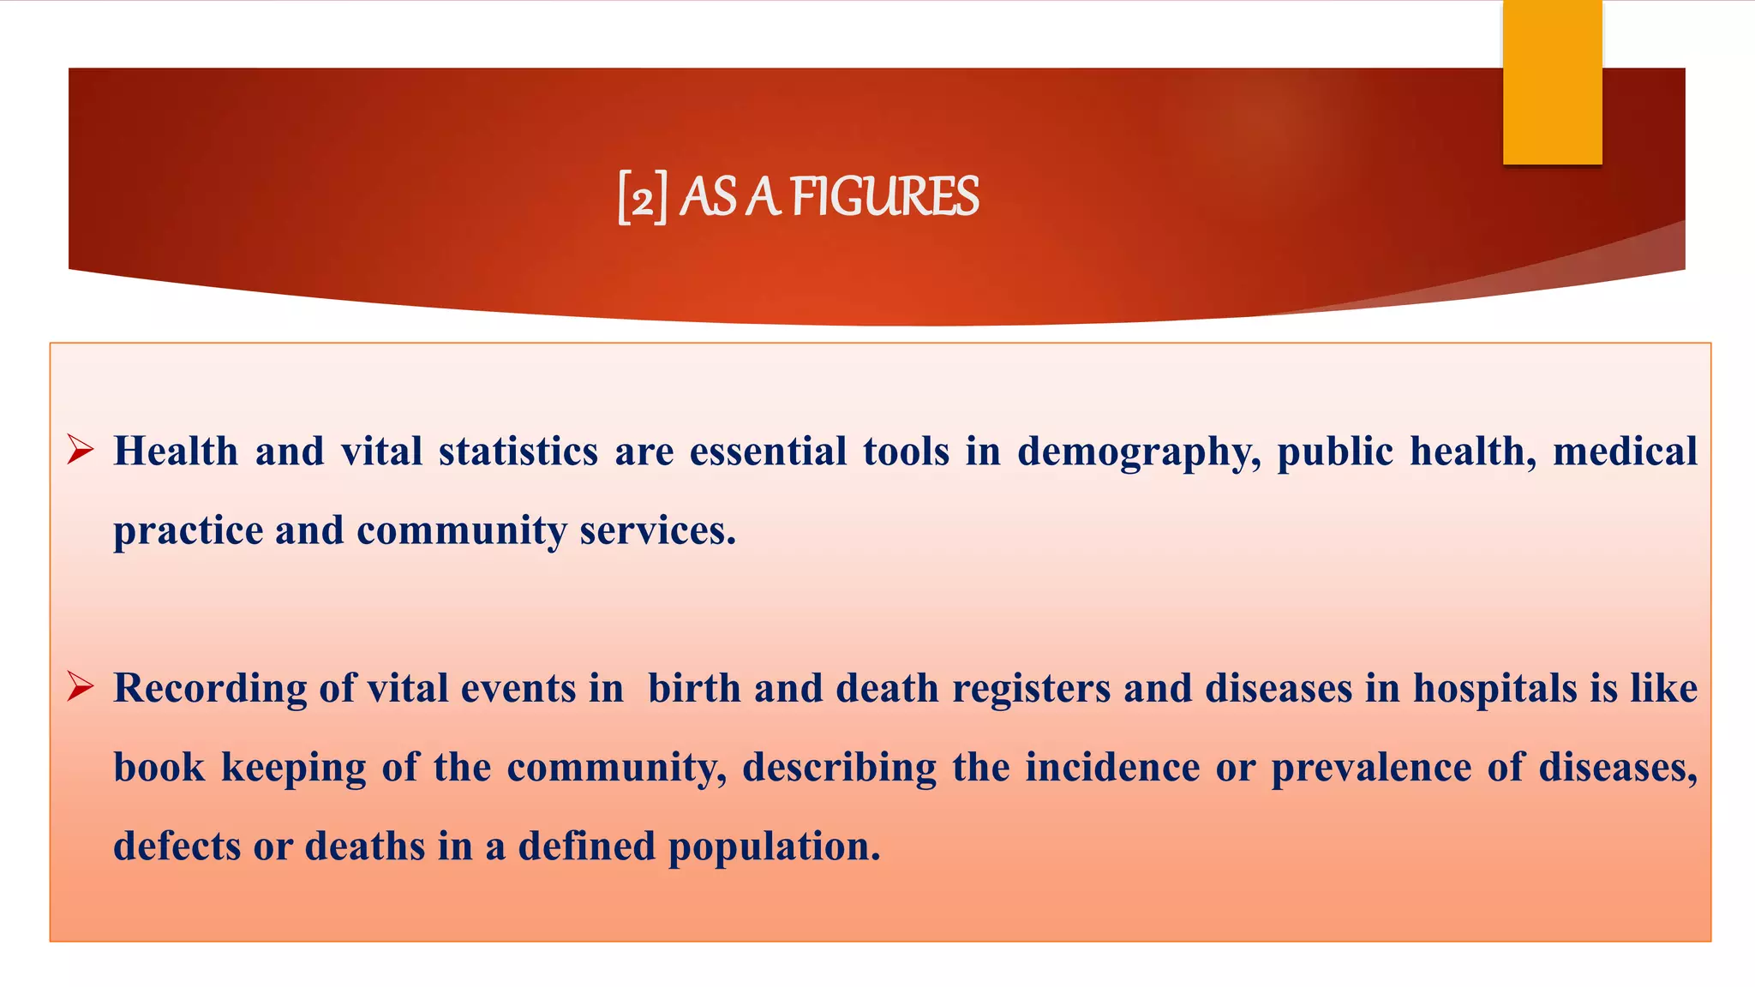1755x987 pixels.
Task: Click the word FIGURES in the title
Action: click(x=884, y=197)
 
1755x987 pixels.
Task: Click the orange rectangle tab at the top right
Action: click(x=1552, y=82)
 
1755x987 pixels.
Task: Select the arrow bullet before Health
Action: click(x=81, y=449)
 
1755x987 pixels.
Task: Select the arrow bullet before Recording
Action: click(x=81, y=686)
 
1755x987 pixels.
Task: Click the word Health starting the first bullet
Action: click(x=176, y=451)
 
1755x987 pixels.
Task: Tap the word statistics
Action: click(x=518, y=451)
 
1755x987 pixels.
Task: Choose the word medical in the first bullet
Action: click(x=1625, y=451)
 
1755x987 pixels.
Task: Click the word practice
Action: click(x=188, y=531)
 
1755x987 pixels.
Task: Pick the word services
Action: click(x=657, y=530)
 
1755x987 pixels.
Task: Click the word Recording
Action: click(x=210, y=689)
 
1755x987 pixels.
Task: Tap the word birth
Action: click(x=694, y=688)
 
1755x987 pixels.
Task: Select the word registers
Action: click(x=1031, y=689)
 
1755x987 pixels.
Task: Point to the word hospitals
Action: click(x=1494, y=689)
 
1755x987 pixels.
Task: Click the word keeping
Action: click(x=293, y=768)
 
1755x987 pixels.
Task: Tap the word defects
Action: click(x=177, y=846)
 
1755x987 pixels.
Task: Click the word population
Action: click(x=774, y=847)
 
